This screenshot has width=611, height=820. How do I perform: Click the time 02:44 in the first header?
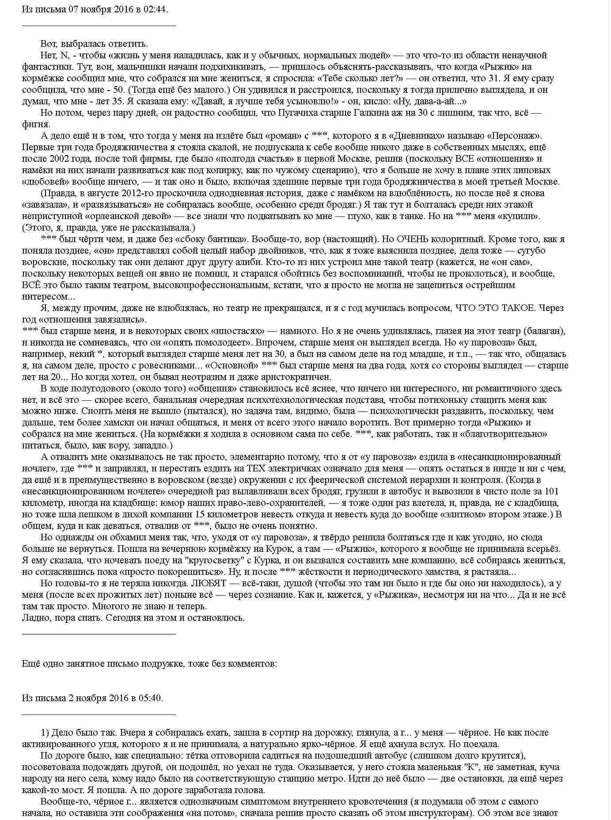point(156,9)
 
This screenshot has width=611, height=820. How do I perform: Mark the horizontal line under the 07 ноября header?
point(99,26)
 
